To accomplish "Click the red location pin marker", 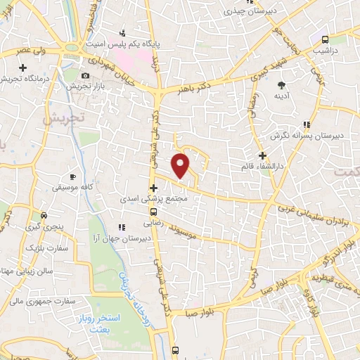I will point(181,165).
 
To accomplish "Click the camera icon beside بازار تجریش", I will point(85,76).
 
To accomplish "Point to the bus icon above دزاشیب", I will point(324,40).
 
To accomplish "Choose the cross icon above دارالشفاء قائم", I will point(262,155).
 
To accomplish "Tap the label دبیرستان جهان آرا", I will point(135,239).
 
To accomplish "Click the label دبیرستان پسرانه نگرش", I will point(307,136).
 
